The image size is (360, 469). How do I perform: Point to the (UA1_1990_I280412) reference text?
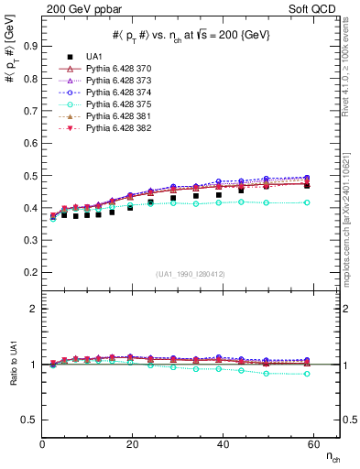point(191,274)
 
